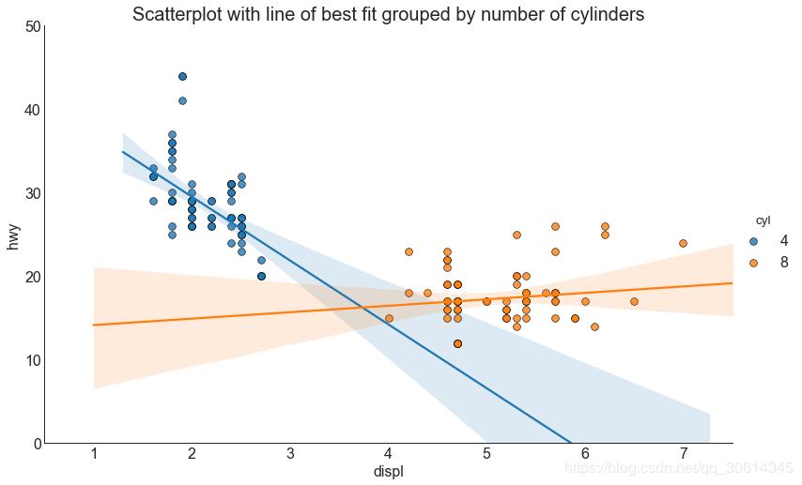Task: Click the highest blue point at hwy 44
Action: click(x=182, y=76)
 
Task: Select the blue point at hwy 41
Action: click(x=182, y=100)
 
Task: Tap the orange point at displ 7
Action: click(x=683, y=243)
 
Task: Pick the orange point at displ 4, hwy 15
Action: click(x=389, y=318)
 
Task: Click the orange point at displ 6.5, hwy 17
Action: click(x=634, y=301)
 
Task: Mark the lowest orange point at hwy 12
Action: click(x=457, y=343)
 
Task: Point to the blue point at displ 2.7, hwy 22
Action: click(x=261, y=260)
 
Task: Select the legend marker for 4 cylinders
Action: click(x=754, y=241)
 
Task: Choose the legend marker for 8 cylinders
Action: click(x=754, y=263)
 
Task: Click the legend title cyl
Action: click(x=763, y=220)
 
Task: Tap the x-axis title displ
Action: click(x=388, y=471)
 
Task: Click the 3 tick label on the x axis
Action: click(x=290, y=455)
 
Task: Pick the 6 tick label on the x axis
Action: click(x=585, y=455)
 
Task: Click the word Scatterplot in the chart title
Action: click(x=177, y=15)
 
